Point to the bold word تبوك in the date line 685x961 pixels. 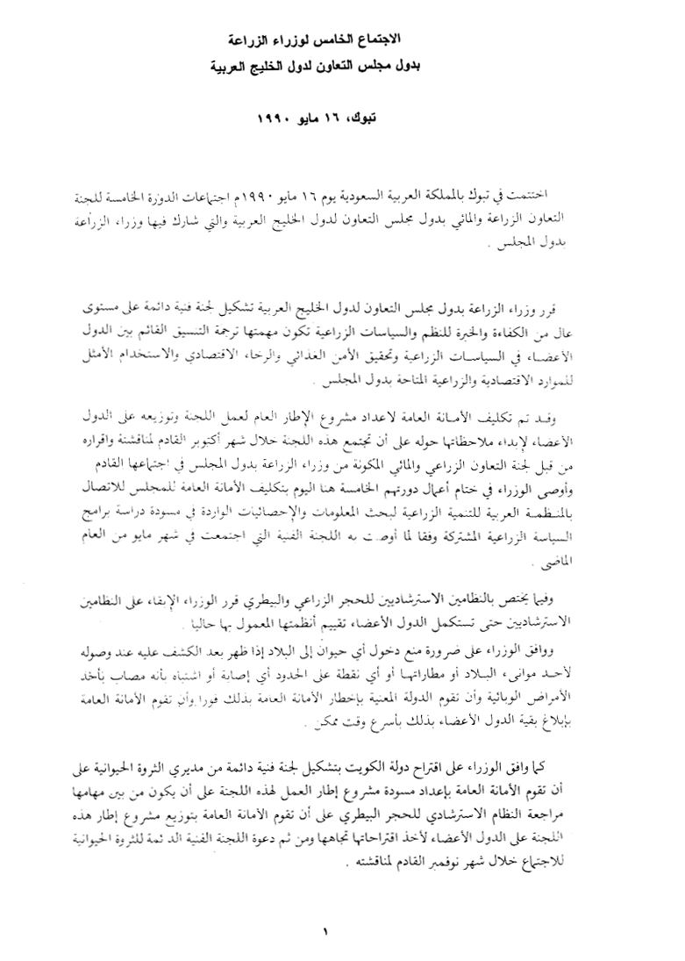[x=390, y=117]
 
